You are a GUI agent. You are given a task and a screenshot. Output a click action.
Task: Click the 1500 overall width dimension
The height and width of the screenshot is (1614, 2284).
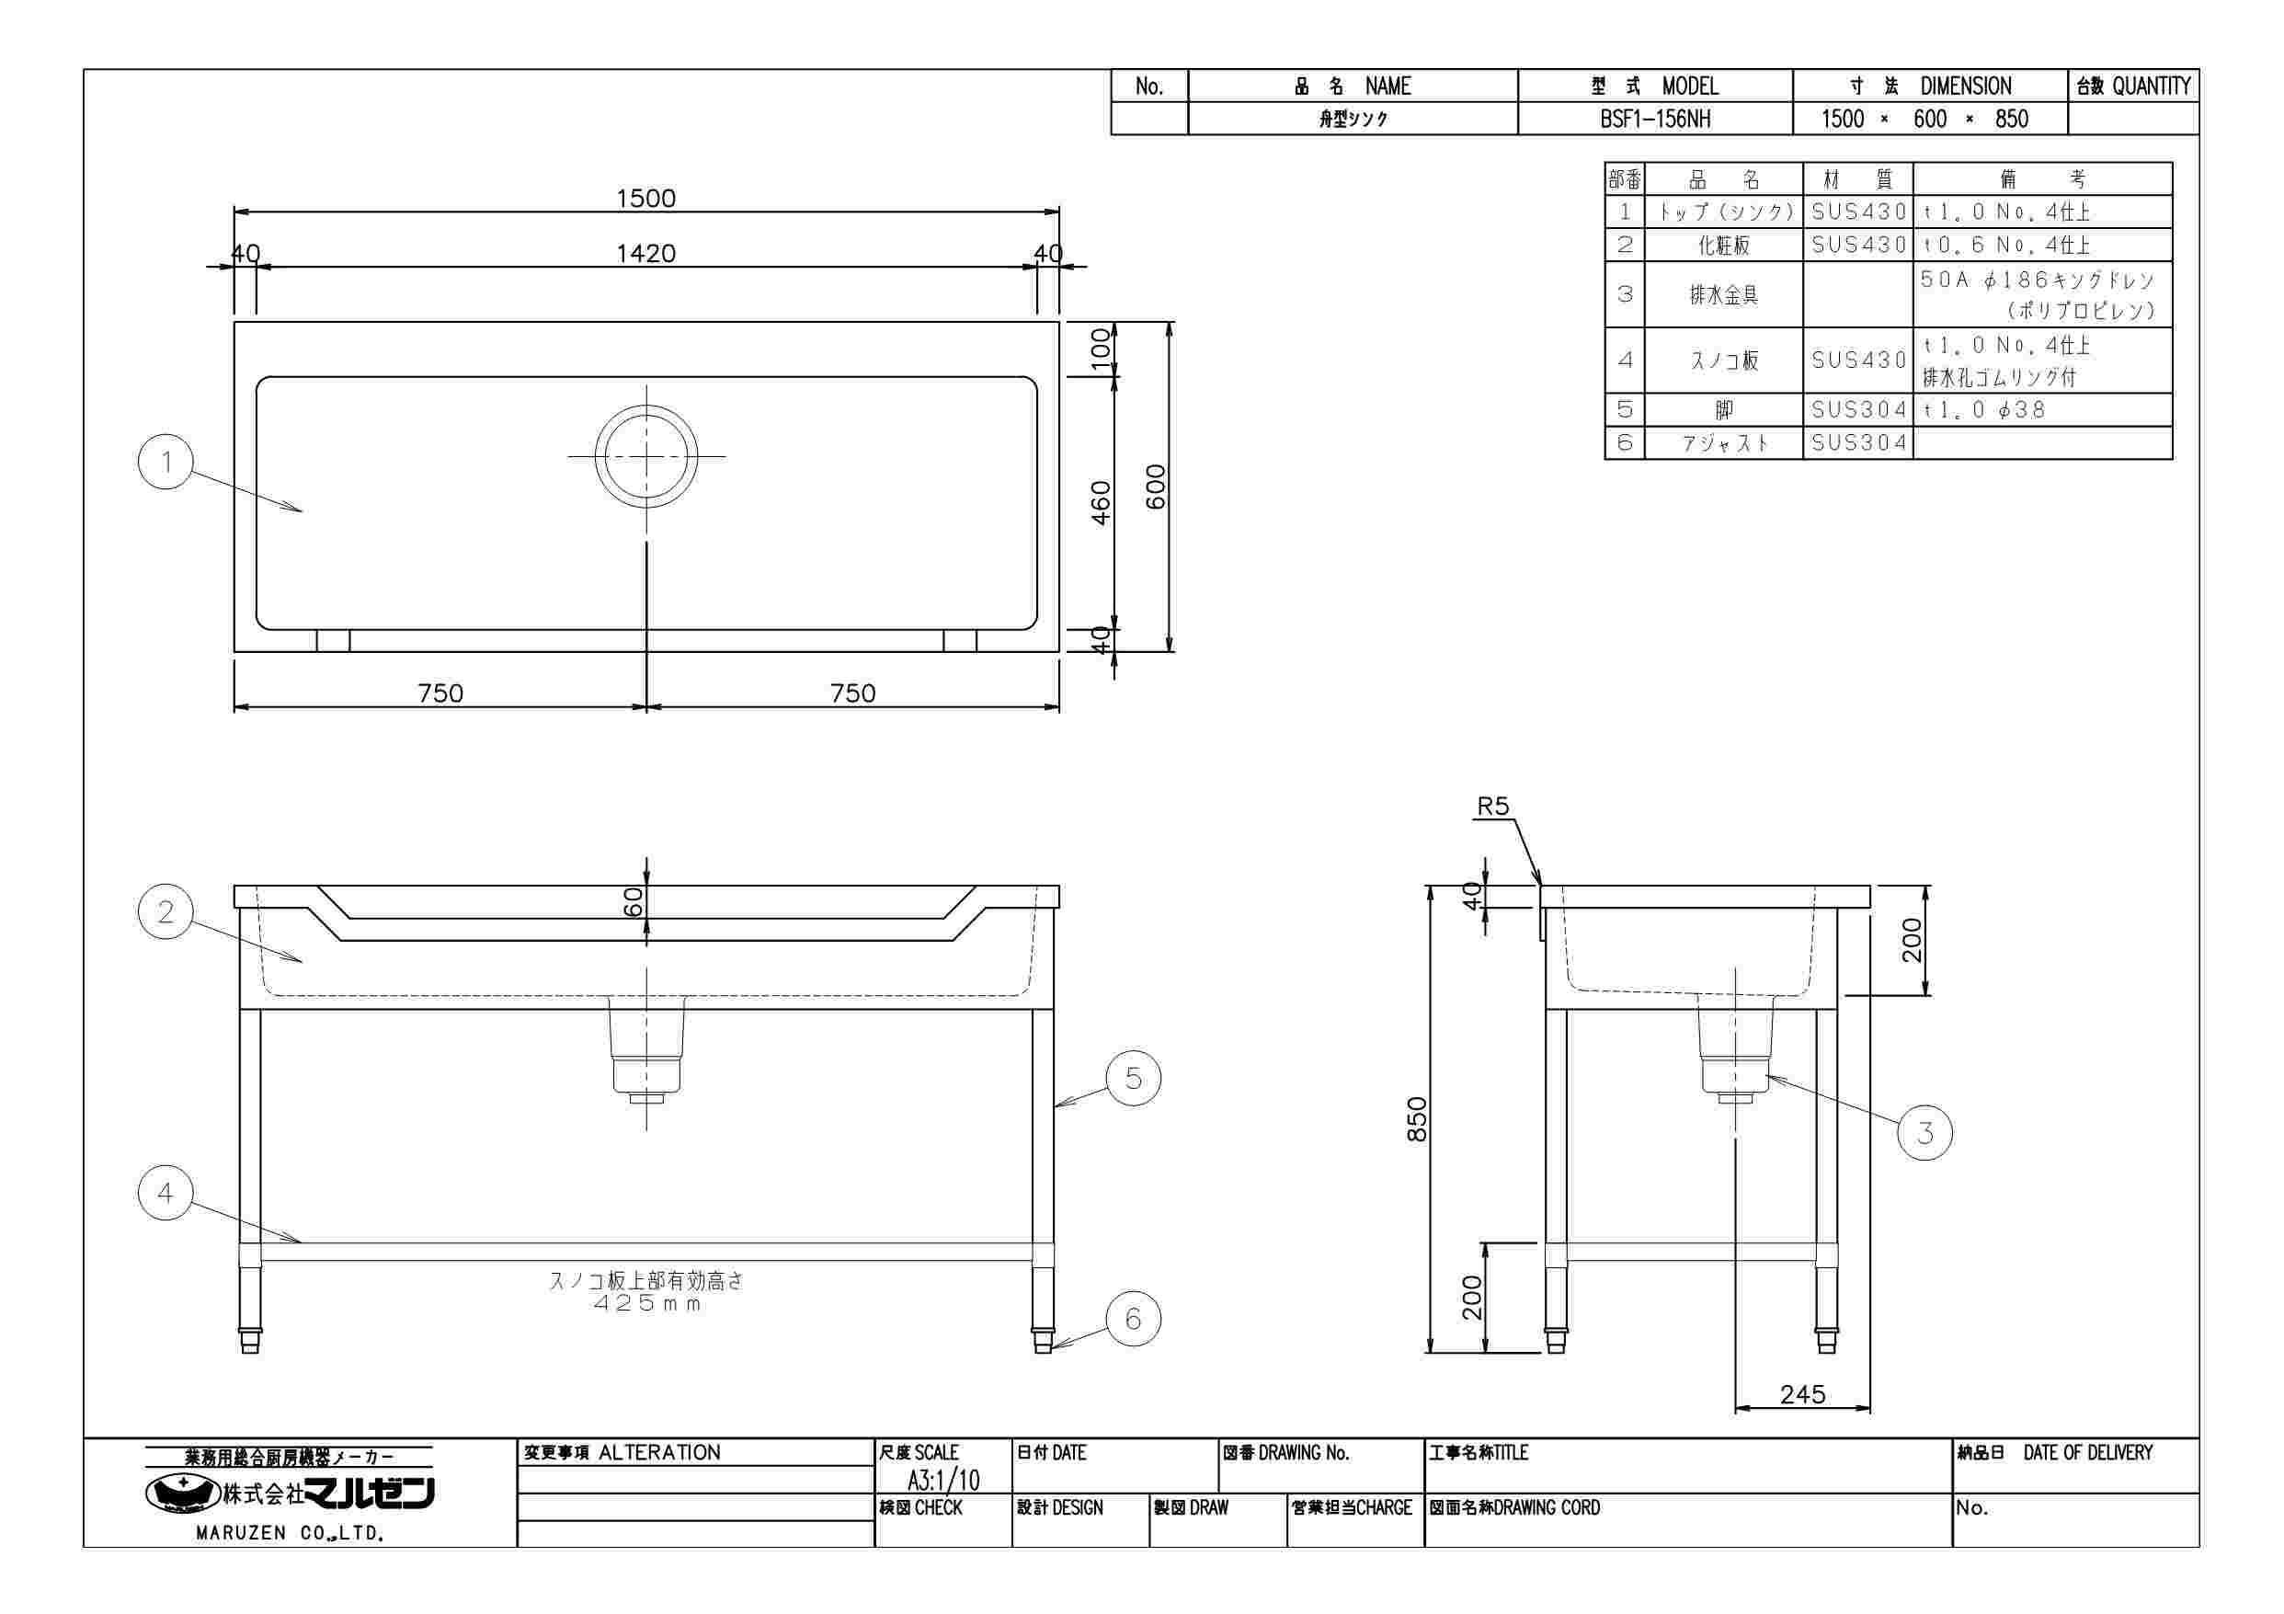tap(645, 198)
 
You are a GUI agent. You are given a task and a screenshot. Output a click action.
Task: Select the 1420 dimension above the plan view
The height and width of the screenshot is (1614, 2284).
tap(645, 254)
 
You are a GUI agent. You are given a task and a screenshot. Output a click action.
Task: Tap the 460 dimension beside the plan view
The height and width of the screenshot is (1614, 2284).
tap(1101, 502)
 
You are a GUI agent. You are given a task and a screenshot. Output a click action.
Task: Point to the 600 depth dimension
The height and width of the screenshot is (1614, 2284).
tap(1155, 486)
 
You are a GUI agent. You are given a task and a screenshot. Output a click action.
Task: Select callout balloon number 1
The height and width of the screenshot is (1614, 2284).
tap(166, 462)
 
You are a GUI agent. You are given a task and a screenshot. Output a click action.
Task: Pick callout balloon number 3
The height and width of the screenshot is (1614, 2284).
tap(1924, 1132)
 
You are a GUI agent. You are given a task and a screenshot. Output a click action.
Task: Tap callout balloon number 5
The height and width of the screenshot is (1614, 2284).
tap(1133, 1078)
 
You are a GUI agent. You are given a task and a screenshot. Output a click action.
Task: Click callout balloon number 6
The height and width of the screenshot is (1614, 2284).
tap(1133, 1319)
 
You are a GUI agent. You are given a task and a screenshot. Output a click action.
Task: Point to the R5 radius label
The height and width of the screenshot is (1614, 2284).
tap(1492, 806)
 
